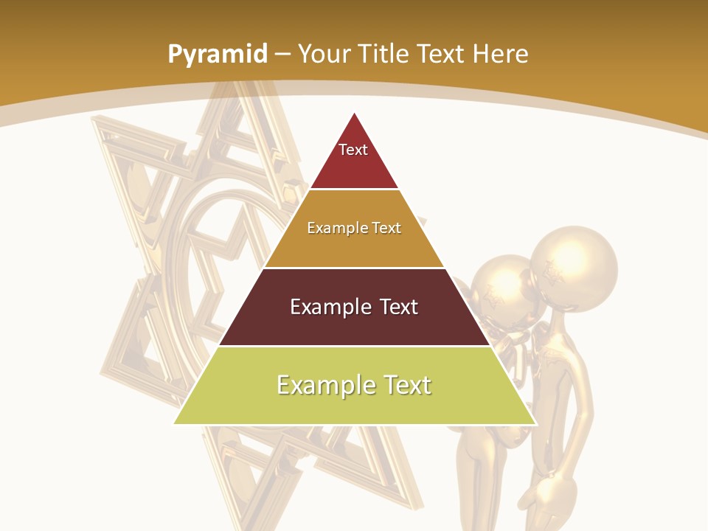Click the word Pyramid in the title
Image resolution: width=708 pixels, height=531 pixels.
[217, 55]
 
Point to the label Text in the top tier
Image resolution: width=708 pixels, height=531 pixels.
[353, 150]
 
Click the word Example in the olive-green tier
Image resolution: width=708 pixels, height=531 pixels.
[324, 385]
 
